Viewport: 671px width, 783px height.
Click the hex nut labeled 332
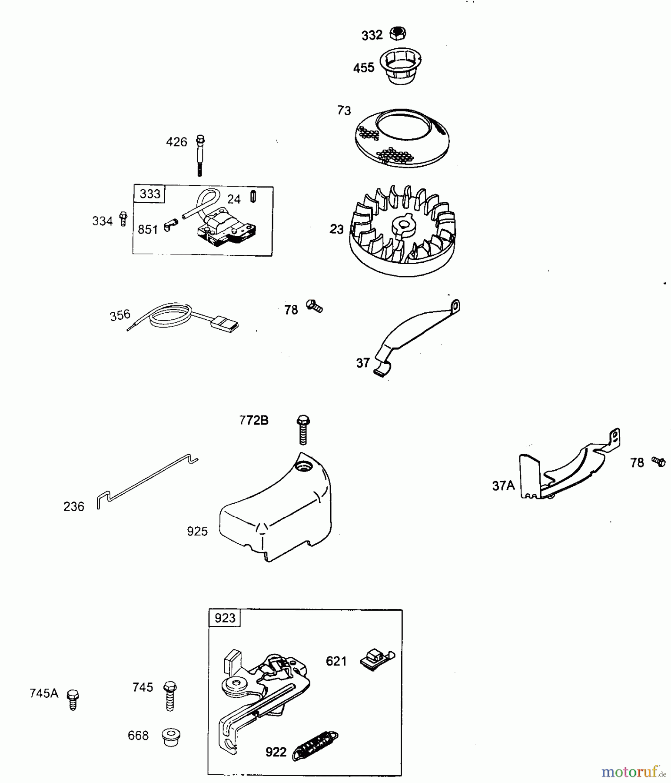[398, 33]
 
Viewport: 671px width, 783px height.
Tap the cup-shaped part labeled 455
[401, 66]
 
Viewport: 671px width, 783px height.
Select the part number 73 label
[344, 111]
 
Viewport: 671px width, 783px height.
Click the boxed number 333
[150, 194]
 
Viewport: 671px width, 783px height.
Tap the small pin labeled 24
[253, 197]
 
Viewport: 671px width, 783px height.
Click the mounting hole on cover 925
[302, 467]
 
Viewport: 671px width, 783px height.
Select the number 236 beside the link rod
[74, 507]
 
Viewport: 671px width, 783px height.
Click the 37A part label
[503, 486]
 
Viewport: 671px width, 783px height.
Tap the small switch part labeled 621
[376, 660]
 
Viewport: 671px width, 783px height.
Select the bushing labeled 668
[171, 736]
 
